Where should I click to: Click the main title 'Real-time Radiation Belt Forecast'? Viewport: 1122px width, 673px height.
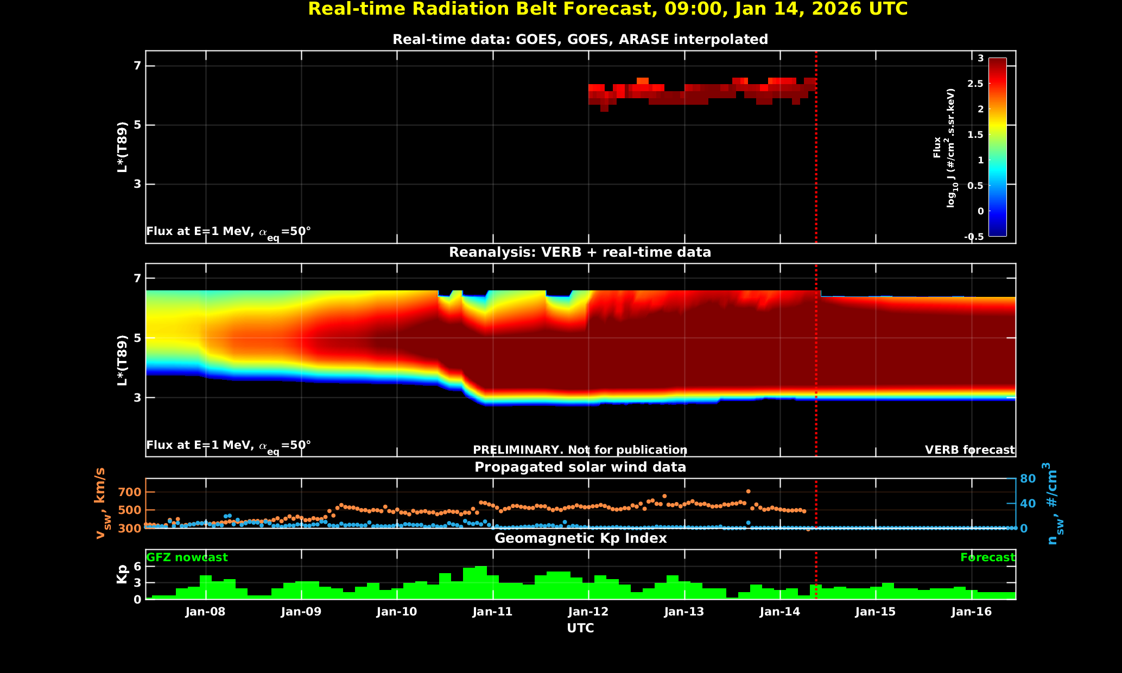pos(607,9)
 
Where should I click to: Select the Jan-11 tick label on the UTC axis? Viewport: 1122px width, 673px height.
pos(492,612)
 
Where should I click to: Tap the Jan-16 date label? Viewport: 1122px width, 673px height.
pos(972,612)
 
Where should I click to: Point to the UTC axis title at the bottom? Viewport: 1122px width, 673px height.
pos(580,628)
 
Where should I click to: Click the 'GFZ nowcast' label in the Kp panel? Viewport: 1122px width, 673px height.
pos(187,557)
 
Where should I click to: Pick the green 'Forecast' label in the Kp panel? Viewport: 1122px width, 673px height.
pos(987,557)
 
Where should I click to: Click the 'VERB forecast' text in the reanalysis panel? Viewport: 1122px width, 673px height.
pos(969,450)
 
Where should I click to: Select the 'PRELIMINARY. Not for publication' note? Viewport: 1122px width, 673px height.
pos(580,450)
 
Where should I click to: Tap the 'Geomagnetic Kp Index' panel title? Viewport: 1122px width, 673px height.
pos(580,538)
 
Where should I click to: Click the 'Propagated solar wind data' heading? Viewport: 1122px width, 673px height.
pos(580,467)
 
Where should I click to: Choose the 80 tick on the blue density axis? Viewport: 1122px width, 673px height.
pos(1028,479)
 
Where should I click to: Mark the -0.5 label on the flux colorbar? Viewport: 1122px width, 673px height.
pos(973,237)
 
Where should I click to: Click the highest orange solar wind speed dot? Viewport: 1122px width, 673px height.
pos(748,491)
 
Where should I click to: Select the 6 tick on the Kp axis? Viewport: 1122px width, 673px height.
pos(137,566)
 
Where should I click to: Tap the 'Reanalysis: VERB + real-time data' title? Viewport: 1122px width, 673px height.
pos(580,252)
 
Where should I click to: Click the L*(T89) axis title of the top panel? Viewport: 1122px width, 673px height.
pos(123,147)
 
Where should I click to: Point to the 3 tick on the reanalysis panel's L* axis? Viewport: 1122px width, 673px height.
pos(137,398)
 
